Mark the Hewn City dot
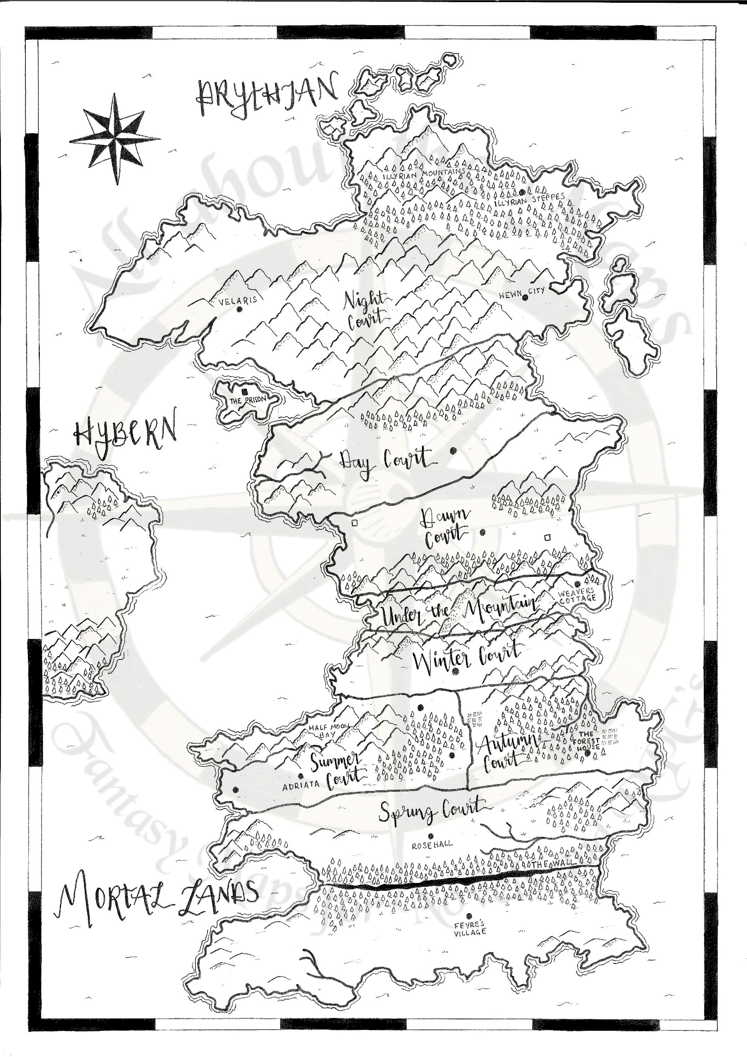[525, 297]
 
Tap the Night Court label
[366, 311]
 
